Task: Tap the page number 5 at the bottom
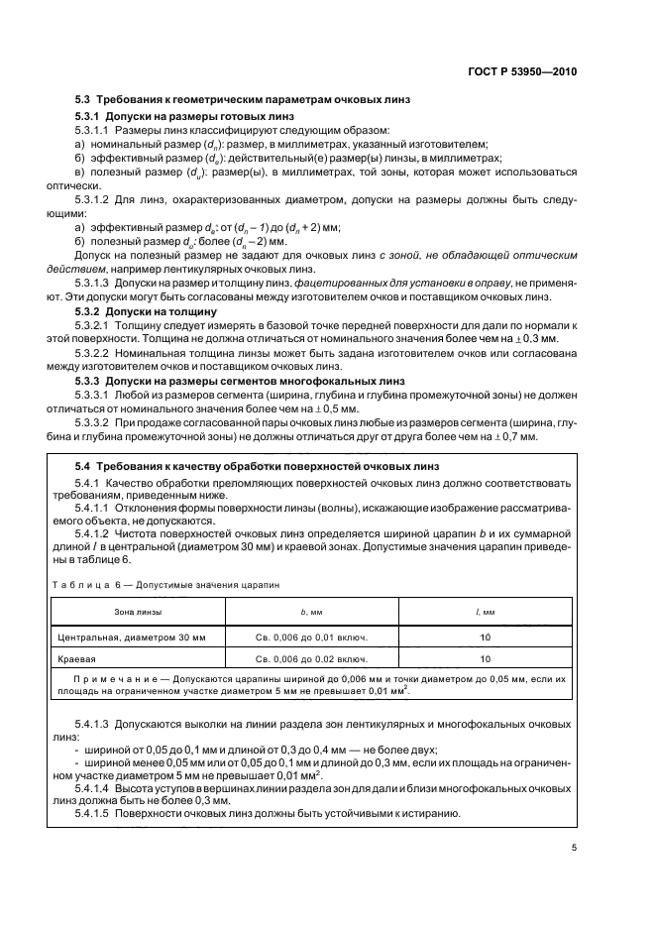coord(574,849)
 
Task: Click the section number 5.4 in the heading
coord(86,464)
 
